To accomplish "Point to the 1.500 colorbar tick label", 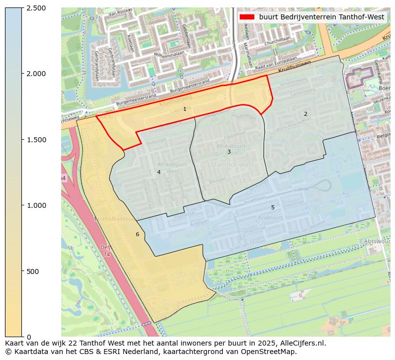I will tap(36, 140).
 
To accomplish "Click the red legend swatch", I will tap(247, 17).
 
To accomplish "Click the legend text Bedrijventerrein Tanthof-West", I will tap(321, 17).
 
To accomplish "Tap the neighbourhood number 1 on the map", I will tap(185, 109).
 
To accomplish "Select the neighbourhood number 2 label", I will tap(305, 114).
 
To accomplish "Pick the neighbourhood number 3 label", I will tap(229, 152).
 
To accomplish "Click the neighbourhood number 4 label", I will tap(159, 172).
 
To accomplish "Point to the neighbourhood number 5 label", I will tap(273, 207).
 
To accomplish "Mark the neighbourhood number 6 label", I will tap(137, 234).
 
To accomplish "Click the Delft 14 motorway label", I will tap(106, 251).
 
